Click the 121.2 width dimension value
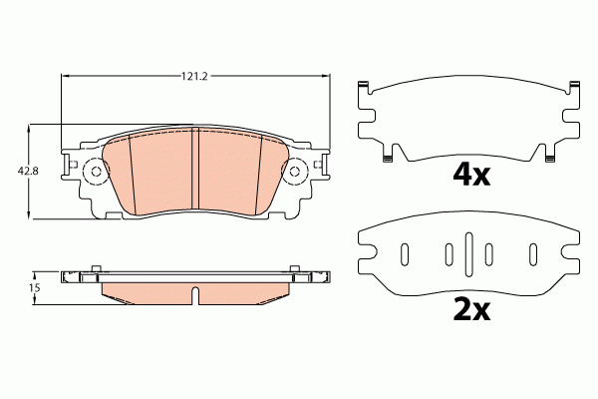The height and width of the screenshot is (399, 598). pyautogui.click(x=194, y=75)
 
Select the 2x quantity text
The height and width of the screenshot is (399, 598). pyautogui.click(x=471, y=310)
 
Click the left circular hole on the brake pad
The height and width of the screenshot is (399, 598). pyautogui.click(x=97, y=173)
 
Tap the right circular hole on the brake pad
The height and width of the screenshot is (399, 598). pyautogui.click(x=295, y=173)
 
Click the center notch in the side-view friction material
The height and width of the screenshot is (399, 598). pyautogui.click(x=195, y=294)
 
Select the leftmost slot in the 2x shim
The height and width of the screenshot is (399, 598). pyautogui.click(x=405, y=254)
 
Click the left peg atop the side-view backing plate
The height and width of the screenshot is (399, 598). pyautogui.click(x=96, y=268)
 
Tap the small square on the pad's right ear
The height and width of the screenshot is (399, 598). pyautogui.click(x=318, y=160)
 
